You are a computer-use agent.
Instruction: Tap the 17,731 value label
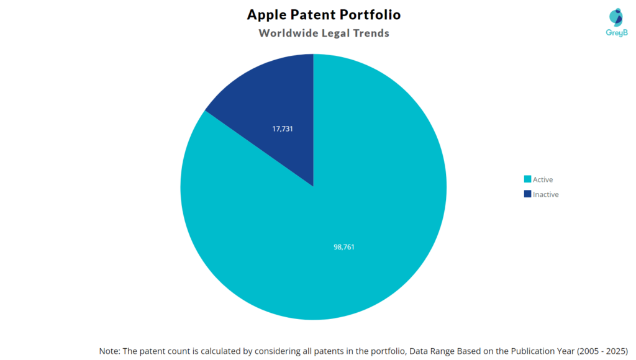pos(283,128)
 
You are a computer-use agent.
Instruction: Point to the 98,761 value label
pos(344,246)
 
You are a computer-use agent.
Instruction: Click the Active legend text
pos(543,179)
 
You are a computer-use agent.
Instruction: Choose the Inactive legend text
pos(546,194)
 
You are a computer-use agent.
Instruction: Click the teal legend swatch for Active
pos(527,179)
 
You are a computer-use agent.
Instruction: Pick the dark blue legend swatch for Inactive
pos(527,194)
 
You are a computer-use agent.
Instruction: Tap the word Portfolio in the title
pos(371,14)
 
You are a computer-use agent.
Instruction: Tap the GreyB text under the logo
pos(617,32)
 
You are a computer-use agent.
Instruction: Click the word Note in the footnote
pos(110,351)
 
